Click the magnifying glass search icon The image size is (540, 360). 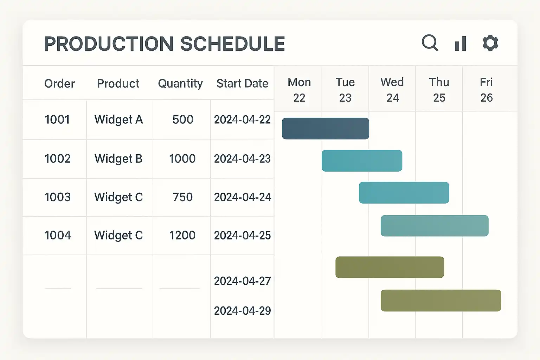point(429,43)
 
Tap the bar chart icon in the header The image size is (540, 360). point(460,44)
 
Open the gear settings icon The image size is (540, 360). point(490,43)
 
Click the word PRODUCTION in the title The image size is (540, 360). point(109,44)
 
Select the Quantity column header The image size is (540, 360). point(180,84)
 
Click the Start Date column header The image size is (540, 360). point(242,84)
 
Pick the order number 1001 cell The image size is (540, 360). point(57,120)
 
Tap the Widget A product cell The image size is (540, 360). point(118,120)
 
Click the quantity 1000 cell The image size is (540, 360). point(182,159)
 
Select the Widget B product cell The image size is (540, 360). point(118,159)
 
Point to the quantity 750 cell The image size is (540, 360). point(182,197)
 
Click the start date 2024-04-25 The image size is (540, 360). point(242,236)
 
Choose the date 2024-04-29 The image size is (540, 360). point(242,311)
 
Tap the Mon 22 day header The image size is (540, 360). point(299,90)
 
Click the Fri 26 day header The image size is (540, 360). point(487,90)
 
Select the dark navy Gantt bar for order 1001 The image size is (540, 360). point(325,129)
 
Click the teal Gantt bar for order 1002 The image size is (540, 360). point(362,161)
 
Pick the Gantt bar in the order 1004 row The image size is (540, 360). point(434,226)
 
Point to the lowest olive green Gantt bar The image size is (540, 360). point(441,301)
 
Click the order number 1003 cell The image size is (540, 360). point(57,197)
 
